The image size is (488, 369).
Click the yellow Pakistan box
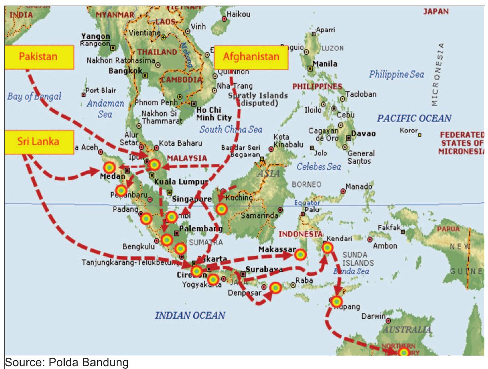(x=39, y=57)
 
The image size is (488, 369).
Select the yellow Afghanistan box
(x=251, y=57)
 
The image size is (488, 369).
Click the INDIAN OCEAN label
(x=190, y=316)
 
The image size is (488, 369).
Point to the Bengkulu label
(x=138, y=247)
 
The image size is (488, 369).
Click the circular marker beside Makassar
(x=300, y=254)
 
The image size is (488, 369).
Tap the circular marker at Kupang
(x=337, y=301)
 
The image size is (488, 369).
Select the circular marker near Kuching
(x=221, y=208)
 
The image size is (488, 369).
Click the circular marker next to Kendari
(x=327, y=248)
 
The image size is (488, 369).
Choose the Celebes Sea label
(x=319, y=167)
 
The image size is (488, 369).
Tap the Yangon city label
(x=90, y=37)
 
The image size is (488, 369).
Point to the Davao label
(x=364, y=134)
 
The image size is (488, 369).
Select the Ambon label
(x=385, y=246)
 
